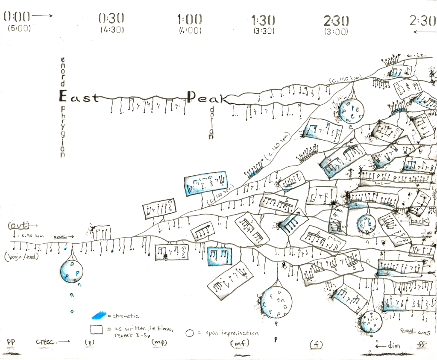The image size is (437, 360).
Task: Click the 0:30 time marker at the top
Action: point(111,18)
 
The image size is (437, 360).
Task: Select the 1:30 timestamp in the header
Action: point(263,19)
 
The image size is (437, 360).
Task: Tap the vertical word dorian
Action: point(211,124)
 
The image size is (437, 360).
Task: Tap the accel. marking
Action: point(62,236)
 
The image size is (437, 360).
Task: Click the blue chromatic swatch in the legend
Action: point(99,316)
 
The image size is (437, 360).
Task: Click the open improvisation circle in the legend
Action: point(191,333)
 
